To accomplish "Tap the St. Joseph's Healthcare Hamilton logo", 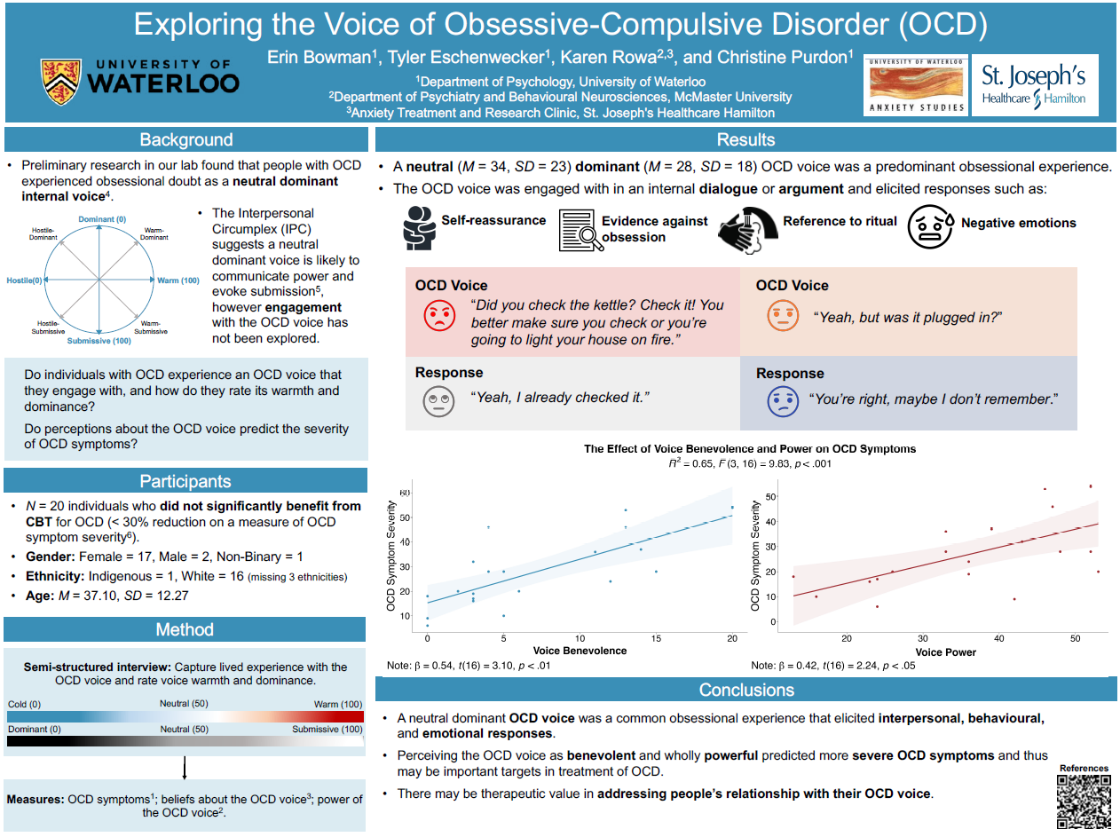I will point(1033,86).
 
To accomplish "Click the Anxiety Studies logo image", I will point(915,86).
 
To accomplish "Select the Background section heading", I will point(186,140).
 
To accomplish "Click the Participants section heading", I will point(185,482).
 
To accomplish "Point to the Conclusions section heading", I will point(745,690).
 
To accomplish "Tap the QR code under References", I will point(1084,802).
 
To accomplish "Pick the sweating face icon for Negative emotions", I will point(931,228).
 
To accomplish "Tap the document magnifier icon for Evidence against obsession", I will point(578,231).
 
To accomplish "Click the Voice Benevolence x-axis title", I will point(580,651).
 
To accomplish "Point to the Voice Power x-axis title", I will point(945,652).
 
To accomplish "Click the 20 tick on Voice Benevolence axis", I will point(732,638).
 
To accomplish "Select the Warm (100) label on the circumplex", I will point(178,280).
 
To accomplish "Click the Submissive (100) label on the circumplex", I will point(99,341).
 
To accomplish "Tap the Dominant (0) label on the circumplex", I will point(102,219).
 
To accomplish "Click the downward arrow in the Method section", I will point(184,768).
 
